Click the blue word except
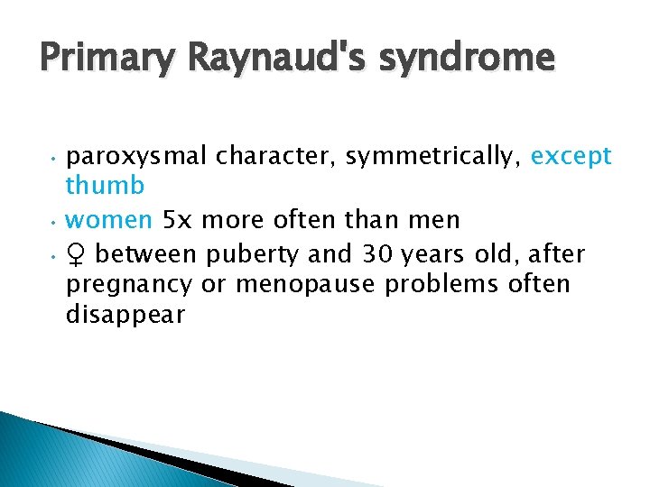571,157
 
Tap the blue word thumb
105,186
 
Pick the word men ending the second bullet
460,219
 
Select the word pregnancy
129,285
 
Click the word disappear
125,315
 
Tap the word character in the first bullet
274,157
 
